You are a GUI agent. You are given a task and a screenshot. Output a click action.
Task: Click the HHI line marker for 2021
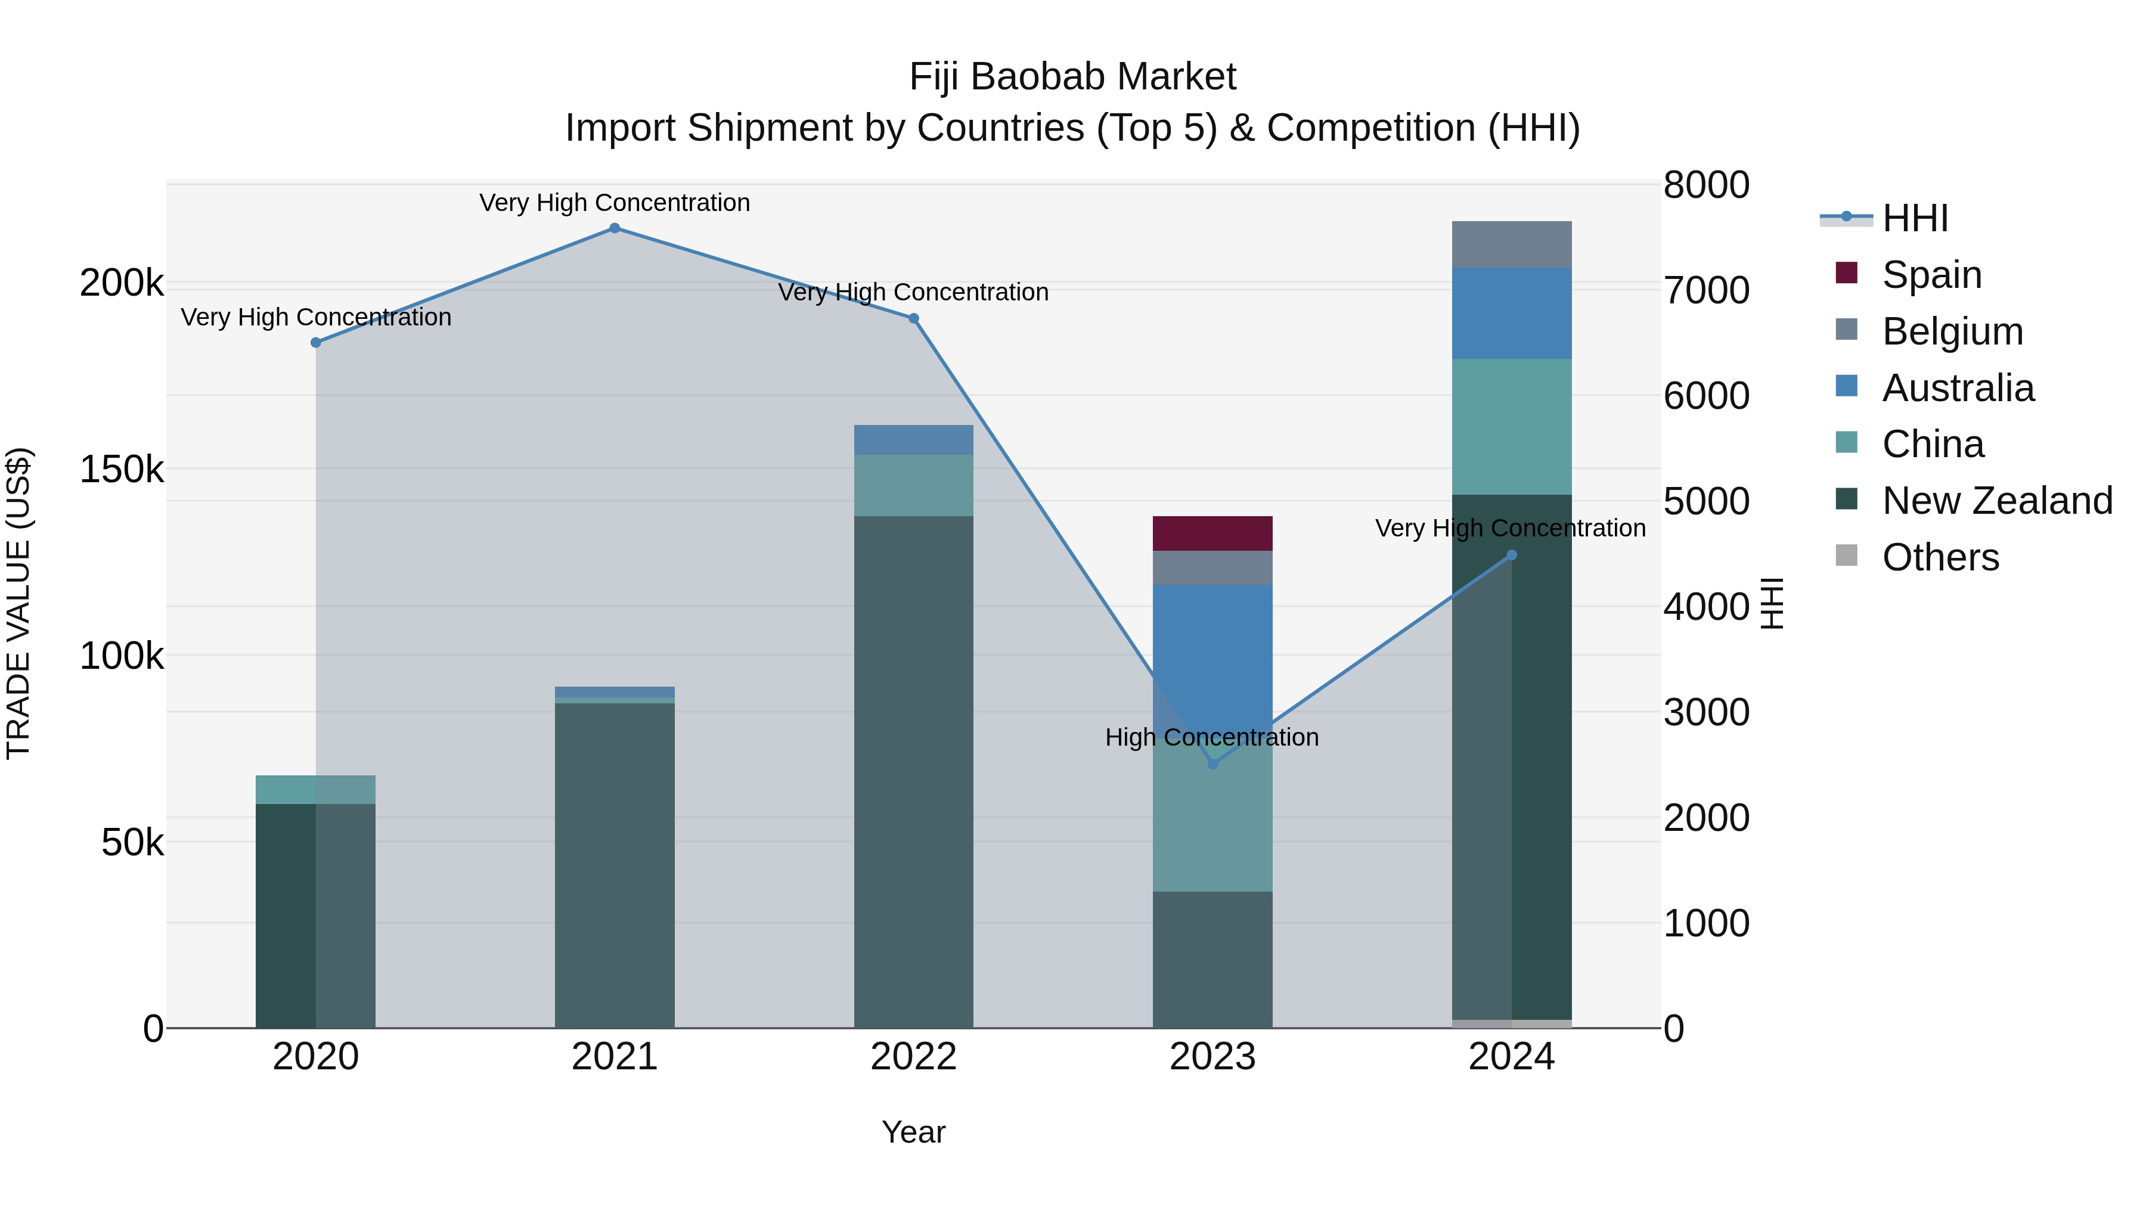click(614, 228)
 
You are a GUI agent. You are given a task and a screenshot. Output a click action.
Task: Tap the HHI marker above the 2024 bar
click(1511, 555)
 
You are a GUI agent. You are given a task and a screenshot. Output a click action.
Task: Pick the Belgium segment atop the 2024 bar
click(1511, 244)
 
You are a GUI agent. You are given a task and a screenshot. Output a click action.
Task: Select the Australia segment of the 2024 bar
click(1511, 313)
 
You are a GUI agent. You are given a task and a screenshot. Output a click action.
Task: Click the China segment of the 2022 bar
click(913, 486)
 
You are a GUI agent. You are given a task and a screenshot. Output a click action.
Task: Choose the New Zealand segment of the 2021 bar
click(614, 866)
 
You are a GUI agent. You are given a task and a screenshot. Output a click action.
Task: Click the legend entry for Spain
click(1931, 275)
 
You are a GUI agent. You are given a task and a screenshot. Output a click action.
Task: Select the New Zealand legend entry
click(1996, 501)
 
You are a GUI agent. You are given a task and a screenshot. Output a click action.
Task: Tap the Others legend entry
click(1939, 557)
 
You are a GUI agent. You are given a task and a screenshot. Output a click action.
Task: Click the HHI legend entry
click(1914, 218)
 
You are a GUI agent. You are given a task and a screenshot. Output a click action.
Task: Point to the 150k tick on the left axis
click(122, 470)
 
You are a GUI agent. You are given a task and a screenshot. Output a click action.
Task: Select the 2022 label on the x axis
click(913, 1057)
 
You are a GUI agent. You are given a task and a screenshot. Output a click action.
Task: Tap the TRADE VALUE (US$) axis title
click(18, 603)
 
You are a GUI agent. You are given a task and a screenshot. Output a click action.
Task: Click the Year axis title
click(913, 1132)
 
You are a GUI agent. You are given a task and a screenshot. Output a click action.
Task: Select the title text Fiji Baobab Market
click(1072, 77)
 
